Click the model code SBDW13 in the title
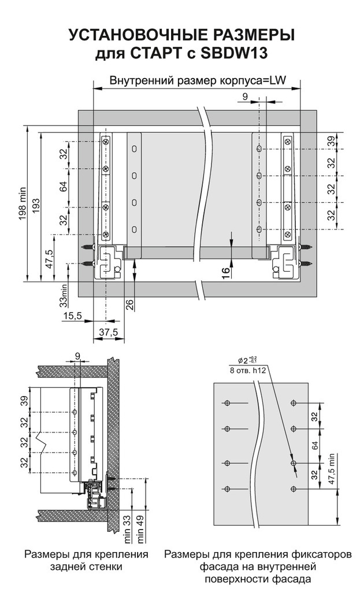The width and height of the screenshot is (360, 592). coord(234,53)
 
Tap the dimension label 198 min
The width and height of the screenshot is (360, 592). coord(21,204)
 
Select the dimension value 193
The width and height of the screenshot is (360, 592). coord(36,205)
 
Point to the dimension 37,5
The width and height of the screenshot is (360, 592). coord(109,332)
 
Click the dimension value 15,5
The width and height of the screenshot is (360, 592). coord(72,316)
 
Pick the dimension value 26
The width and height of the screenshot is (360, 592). coord(129,305)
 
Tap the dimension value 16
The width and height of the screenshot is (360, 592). coord(225,271)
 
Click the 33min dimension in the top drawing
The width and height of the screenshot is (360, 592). coord(64,295)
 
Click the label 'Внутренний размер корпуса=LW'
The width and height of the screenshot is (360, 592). coord(198,80)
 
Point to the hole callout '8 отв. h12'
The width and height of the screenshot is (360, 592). coord(248,371)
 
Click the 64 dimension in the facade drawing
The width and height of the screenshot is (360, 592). coord(315,445)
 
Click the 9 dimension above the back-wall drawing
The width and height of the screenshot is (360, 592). coord(77,356)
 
